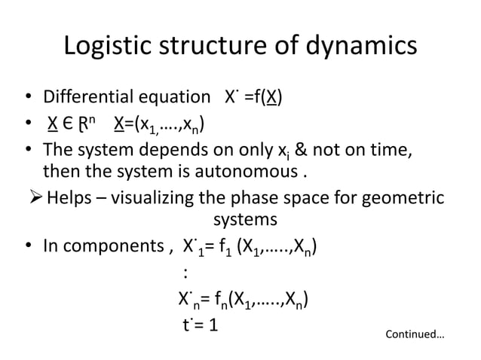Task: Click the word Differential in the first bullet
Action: (x=87, y=98)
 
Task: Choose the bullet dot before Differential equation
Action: (x=27, y=99)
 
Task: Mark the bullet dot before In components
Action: (x=27, y=247)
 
